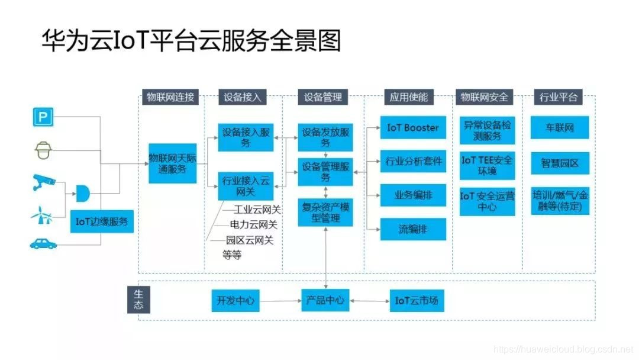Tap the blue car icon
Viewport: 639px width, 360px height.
point(43,242)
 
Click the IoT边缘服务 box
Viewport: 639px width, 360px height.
point(101,223)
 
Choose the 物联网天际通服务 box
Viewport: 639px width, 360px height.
point(172,163)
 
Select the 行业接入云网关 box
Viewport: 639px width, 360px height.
point(246,186)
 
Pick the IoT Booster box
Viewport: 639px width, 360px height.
point(413,128)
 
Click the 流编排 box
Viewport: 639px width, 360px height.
point(413,229)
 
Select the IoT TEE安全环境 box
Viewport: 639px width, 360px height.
point(487,165)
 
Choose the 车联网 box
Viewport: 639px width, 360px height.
point(560,127)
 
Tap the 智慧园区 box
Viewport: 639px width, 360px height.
point(560,163)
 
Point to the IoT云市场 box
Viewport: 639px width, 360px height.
point(417,301)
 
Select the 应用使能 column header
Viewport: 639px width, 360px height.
point(408,97)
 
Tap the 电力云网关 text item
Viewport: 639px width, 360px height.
point(253,224)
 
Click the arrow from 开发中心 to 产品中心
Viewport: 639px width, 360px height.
point(280,301)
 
